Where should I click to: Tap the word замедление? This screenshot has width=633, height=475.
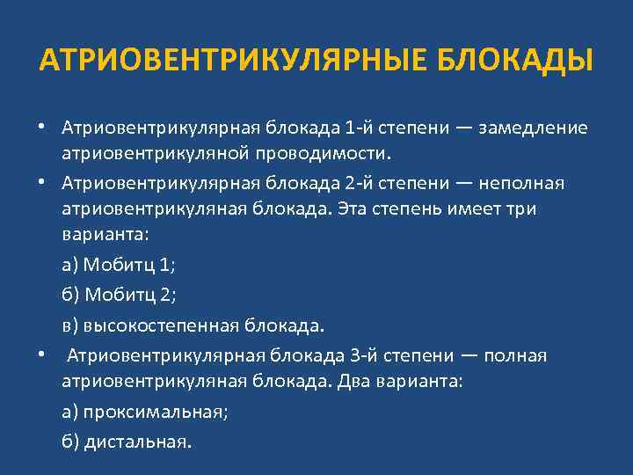click(533, 128)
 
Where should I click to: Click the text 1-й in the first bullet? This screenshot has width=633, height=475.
click(360, 128)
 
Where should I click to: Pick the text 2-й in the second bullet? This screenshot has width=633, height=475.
click(360, 182)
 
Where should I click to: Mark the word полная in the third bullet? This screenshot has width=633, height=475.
click(515, 355)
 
